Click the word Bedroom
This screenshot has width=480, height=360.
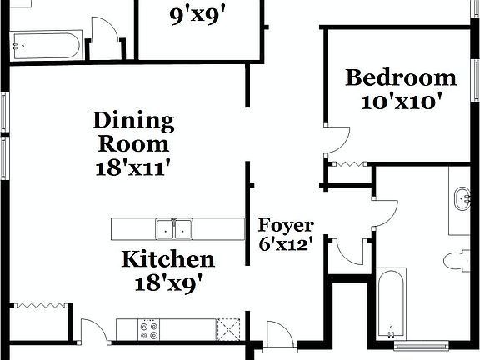401,78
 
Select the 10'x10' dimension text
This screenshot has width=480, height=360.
401,102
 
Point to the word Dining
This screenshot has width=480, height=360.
133,121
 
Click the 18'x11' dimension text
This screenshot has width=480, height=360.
133,167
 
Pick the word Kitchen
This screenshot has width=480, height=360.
168,259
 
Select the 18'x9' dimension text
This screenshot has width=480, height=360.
168,282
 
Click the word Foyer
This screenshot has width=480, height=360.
286,225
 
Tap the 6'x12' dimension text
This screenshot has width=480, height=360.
286,245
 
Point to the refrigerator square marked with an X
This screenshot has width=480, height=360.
229,329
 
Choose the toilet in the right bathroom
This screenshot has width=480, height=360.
457,261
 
